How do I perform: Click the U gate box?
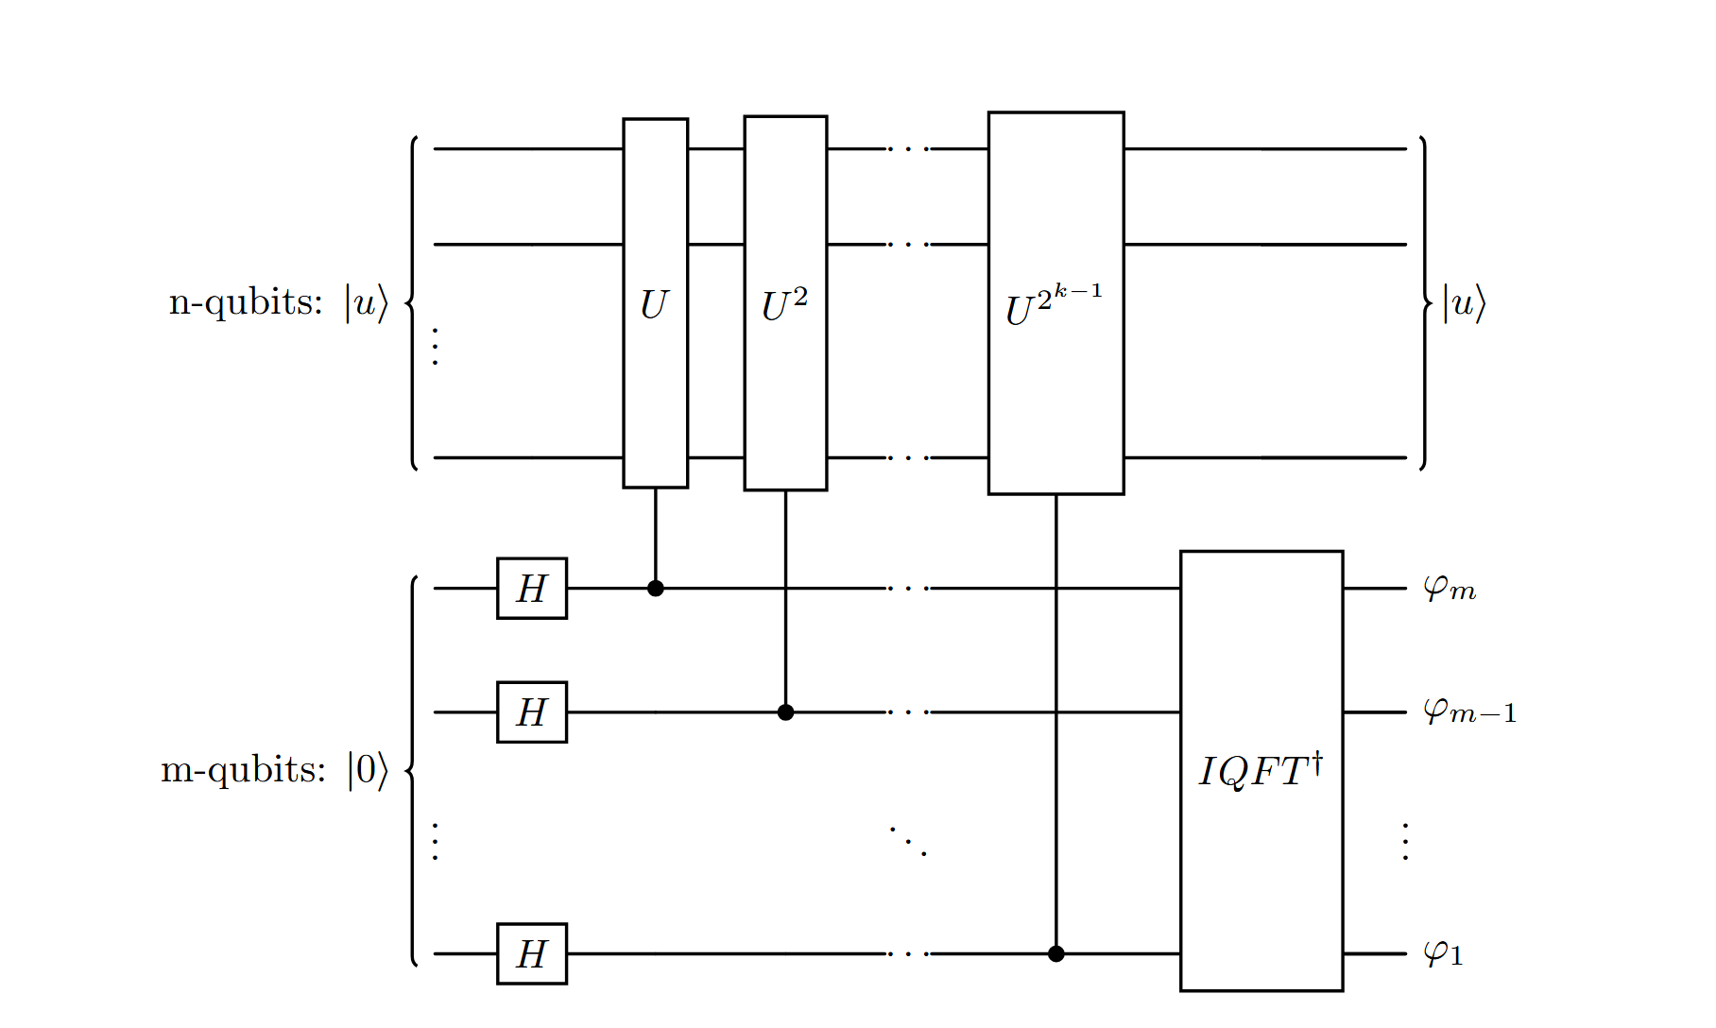[655, 303]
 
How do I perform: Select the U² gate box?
[785, 303]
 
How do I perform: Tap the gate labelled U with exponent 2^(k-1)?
[1055, 303]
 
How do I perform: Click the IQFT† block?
[1261, 771]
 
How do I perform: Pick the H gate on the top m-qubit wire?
[532, 589]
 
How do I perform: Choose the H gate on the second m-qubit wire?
[532, 712]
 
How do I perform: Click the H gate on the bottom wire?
[532, 954]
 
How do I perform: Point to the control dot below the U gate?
[656, 589]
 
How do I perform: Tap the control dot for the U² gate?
[785, 712]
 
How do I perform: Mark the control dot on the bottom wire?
[1056, 954]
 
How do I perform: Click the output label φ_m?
[1450, 590]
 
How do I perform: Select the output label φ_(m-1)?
[1469, 711]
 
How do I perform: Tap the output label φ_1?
[1443, 954]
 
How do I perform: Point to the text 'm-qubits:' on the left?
[243, 770]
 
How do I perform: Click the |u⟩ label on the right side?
[1464, 304]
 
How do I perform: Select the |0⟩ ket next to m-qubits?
[368, 770]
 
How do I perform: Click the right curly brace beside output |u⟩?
[1424, 303]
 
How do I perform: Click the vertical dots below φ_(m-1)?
[1406, 841]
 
